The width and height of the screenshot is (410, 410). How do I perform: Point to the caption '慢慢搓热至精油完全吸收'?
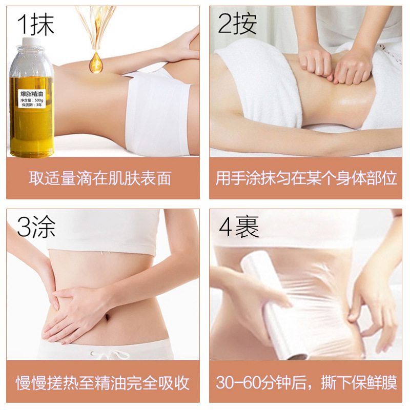click(x=102, y=382)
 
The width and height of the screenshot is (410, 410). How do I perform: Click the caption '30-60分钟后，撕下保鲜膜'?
click(x=306, y=382)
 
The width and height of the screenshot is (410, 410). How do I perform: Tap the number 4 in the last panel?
click(x=225, y=228)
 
